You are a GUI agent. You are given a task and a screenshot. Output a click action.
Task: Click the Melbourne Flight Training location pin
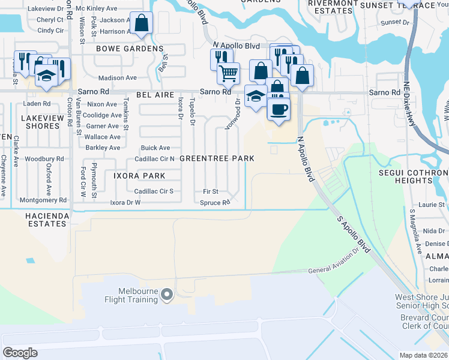pos(167,294)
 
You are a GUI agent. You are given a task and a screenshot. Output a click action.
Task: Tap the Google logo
pos(20,352)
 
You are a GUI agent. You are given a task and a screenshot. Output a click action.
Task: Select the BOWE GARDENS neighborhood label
pos(129,48)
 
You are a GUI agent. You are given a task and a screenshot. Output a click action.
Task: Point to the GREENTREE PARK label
pos(217,158)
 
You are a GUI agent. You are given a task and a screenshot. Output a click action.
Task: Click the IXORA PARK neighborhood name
pos(139,176)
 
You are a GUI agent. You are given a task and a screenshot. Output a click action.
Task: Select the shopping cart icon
pos(228,73)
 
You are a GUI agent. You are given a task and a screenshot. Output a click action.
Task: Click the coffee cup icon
pos(278,109)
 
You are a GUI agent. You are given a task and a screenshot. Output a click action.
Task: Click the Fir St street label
pos(209,191)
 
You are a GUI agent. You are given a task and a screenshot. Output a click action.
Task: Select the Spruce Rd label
pos(215,203)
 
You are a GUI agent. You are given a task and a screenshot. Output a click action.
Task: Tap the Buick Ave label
pos(155,148)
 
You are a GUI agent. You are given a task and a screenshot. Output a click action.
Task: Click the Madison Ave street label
pos(117,78)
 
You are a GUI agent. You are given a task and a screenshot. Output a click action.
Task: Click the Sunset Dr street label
pos(394,22)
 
